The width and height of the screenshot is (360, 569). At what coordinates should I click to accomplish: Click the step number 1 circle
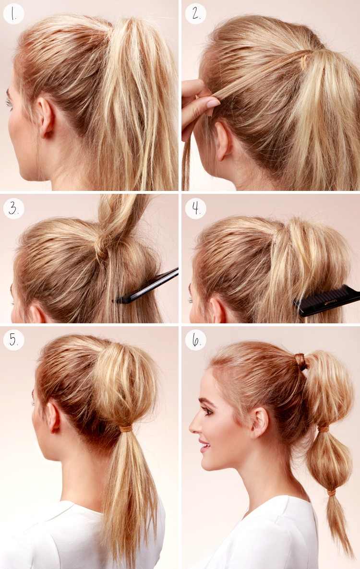(x=13, y=14)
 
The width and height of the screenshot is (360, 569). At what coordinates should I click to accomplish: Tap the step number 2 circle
(x=196, y=14)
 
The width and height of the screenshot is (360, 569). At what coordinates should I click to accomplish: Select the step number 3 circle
(x=13, y=209)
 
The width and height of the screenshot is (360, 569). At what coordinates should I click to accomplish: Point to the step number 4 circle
(x=196, y=209)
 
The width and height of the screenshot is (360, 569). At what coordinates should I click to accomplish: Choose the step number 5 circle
(x=13, y=340)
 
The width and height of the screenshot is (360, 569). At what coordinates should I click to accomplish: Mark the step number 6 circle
(x=196, y=340)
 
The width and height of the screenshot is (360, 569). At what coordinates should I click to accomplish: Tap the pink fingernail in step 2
(x=213, y=103)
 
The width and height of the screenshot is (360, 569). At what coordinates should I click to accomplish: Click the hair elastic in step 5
(x=126, y=428)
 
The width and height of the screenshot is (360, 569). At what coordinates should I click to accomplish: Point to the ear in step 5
(x=54, y=417)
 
